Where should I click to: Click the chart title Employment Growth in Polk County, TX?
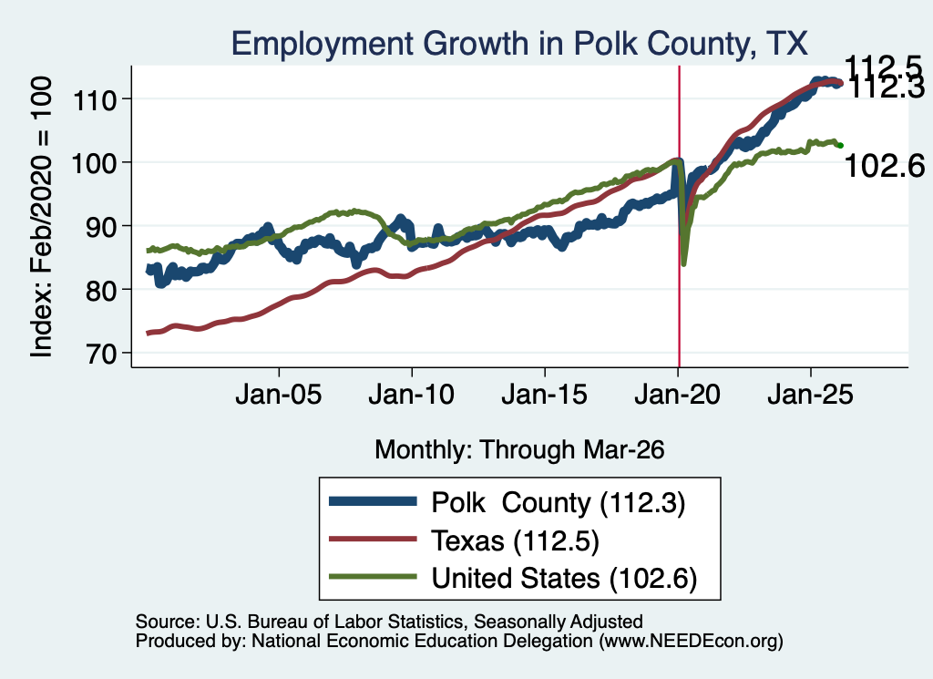[518, 44]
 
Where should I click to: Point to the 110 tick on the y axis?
[94, 100]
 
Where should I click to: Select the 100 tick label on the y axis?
[94, 163]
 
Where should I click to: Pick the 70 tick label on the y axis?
[101, 354]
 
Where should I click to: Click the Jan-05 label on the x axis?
[279, 395]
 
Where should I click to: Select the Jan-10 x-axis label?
[411, 395]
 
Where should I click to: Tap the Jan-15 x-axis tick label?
[545, 395]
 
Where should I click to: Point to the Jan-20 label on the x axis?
[677, 395]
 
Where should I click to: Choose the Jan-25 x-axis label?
[810, 395]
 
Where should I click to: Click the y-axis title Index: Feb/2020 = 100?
[41, 217]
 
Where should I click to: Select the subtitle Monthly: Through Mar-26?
[519, 450]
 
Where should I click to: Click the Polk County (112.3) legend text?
[559, 503]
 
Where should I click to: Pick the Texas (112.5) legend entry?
[515, 541]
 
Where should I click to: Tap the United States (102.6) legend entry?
[564, 579]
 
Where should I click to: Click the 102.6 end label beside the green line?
[884, 166]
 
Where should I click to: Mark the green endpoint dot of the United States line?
[840, 146]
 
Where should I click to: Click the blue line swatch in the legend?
[373, 501]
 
